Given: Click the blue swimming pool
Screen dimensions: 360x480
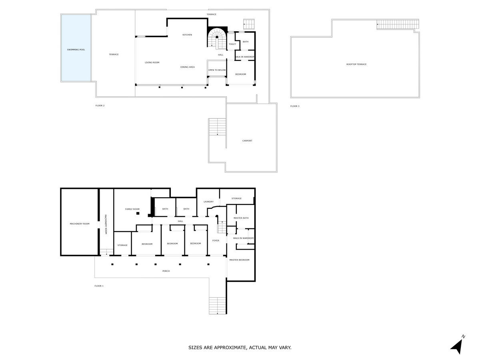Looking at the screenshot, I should tap(76, 48).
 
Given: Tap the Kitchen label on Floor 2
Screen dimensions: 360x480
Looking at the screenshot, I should tap(187, 35).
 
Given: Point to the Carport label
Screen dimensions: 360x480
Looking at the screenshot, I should tap(247, 141).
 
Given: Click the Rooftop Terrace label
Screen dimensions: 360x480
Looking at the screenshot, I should tap(356, 64).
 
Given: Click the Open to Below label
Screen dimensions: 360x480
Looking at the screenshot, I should tap(217, 70).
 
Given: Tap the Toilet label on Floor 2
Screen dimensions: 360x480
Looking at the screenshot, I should tap(232, 44).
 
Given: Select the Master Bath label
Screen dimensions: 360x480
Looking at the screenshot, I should tap(241, 218).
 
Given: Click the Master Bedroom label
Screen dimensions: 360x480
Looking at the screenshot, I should tap(239, 260).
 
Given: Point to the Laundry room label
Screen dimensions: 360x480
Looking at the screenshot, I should tap(209, 202).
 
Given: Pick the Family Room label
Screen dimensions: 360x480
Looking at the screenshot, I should tap(132, 209).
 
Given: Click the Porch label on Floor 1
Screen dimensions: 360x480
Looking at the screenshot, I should tap(166, 271).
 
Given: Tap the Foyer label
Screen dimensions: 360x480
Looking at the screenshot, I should tap(216, 240).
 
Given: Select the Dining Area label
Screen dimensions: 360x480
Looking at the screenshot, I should tap(187, 67).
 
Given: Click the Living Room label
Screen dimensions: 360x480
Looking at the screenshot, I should tap(152, 62).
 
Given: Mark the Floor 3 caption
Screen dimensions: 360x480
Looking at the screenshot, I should tap(295, 106).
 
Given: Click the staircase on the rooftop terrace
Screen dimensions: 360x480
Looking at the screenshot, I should tap(398, 24).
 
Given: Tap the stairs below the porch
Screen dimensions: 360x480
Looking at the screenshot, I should tap(217, 306).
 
